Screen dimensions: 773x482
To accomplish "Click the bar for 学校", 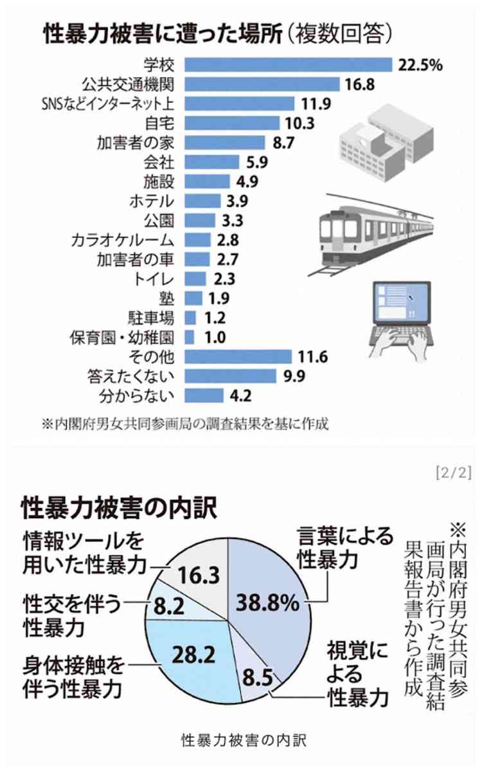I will (x=288, y=65).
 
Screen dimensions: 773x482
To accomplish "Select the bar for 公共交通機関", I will (x=262, y=84).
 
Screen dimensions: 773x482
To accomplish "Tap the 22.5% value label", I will (x=420, y=65).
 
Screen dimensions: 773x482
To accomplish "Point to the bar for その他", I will (x=238, y=356).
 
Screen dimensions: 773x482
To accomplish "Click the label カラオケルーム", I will (x=123, y=240).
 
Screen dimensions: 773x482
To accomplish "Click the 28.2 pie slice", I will (x=193, y=656).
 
